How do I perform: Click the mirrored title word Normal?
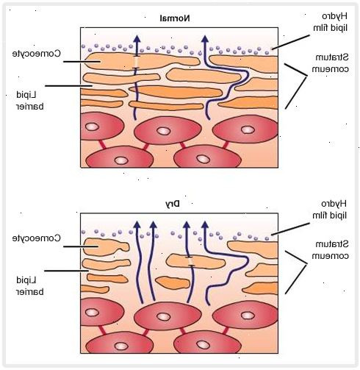(175, 18)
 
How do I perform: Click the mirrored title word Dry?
(173, 204)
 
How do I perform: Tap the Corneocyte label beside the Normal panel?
(37, 54)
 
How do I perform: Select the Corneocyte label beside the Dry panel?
(37, 238)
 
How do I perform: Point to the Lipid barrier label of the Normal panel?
(30, 101)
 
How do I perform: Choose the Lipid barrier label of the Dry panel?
(30, 286)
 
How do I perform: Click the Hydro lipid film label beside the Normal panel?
(331, 22)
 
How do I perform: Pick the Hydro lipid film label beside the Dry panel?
(330, 210)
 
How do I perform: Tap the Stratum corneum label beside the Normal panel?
(330, 63)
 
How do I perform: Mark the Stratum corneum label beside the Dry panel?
(330, 250)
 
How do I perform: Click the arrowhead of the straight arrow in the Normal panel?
(137, 40)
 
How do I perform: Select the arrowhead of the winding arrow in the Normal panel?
(205, 40)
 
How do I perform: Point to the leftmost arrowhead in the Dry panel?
(137, 225)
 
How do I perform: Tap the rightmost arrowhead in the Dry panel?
(205, 225)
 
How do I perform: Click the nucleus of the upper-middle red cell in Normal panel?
(163, 131)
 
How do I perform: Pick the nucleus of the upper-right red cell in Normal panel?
(248, 129)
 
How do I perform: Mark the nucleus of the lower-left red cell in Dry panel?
(121, 346)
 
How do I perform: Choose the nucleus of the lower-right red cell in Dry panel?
(204, 345)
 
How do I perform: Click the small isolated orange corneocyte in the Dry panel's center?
(173, 282)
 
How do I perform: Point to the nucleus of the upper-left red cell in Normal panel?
(92, 127)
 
